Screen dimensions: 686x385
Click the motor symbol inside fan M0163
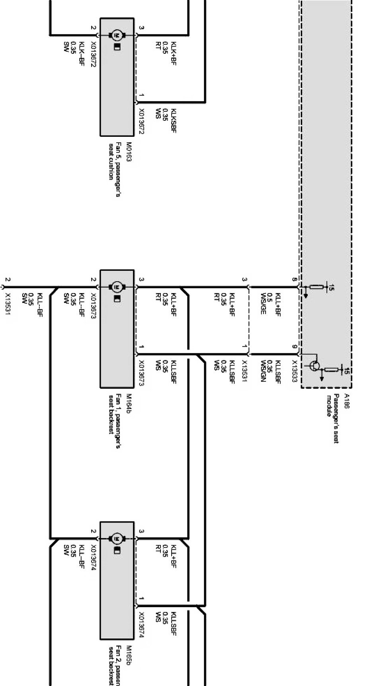point(117,35)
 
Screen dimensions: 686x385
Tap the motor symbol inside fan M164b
point(117,286)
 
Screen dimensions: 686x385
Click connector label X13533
point(295,372)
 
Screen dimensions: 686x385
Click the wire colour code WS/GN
point(263,371)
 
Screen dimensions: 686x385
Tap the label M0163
point(129,152)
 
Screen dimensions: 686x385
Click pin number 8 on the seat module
point(295,280)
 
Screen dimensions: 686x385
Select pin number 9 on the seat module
point(295,347)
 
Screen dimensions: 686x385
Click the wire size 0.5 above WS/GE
point(271,297)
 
